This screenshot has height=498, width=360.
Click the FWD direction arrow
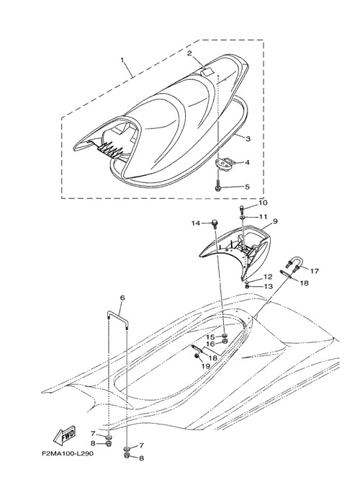pyautogui.click(x=64, y=435)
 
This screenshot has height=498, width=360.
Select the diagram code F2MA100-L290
pyautogui.click(x=68, y=453)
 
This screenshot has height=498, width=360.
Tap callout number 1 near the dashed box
pyautogui.click(x=122, y=60)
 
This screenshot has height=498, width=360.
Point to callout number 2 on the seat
pyautogui.click(x=189, y=53)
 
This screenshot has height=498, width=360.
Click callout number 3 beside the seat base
pyautogui.click(x=248, y=138)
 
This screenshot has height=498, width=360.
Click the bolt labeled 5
pyautogui.click(x=219, y=185)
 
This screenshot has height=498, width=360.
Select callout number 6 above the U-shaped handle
pyautogui.click(x=122, y=298)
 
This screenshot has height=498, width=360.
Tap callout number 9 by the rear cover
pyautogui.click(x=275, y=221)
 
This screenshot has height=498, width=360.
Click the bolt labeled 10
pyautogui.click(x=242, y=208)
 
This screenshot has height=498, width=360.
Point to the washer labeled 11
pyautogui.click(x=243, y=217)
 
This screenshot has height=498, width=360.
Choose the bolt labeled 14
pyautogui.click(x=215, y=223)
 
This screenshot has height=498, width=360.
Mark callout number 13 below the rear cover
pyautogui.click(x=268, y=287)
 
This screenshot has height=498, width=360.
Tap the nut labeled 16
pyautogui.click(x=225, y=342)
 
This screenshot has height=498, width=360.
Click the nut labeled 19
pyautogui.click(x=197, y=357)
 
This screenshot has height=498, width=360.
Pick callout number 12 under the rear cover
pyautogui.click(x=267, y=277)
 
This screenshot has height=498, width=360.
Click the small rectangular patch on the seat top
pyautogui.click(x=207, y=72)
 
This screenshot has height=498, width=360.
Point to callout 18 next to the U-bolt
pyautogui.click(x=304, y=283)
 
